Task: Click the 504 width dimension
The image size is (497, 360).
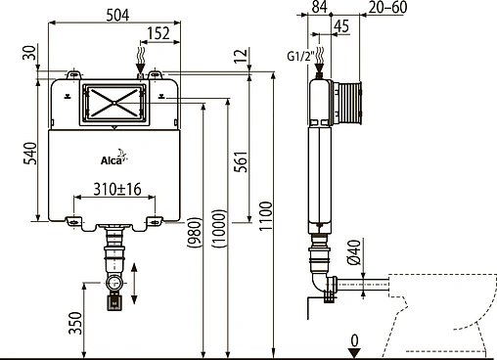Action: tap(114, 12)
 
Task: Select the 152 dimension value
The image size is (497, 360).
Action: tap(160, 34)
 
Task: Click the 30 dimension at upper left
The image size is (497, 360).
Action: tap(30, 51)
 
